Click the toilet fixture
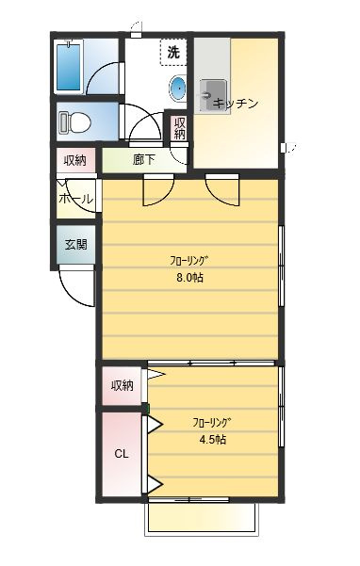click(74, 122)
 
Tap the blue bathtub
click(69, 66)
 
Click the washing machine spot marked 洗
click(173, 53)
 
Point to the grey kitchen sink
click(213, 97)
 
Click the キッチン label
click(236, 104)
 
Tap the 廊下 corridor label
click(144, 159)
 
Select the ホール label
click(75, 199)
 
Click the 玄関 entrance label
click(76, 244)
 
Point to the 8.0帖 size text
click(189, 278)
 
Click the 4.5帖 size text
click(213, 439)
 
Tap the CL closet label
click(122, 454)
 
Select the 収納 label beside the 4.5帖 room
click(123, 385)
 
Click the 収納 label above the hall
click(75, 160)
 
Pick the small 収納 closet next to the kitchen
click(179, 128)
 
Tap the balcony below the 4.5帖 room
click(202, 518)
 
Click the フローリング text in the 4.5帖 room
click(212, 422)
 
